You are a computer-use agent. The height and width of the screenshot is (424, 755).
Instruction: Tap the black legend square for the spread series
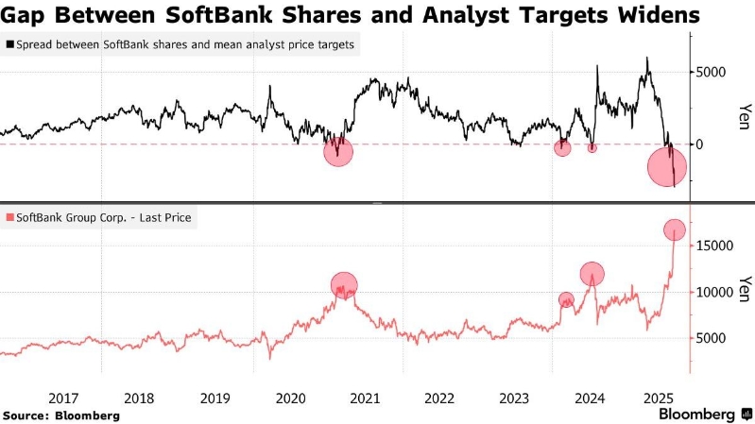9,44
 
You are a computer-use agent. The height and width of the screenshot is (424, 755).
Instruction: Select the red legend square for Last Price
9,218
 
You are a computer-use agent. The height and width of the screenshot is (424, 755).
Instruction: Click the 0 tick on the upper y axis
700,144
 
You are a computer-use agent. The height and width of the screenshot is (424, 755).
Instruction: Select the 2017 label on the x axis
62,398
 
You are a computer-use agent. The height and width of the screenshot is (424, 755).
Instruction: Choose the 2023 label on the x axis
515,398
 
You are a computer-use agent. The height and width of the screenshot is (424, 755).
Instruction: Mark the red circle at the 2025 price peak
675,229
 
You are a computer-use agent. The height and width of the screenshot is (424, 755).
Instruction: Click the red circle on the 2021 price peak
345,284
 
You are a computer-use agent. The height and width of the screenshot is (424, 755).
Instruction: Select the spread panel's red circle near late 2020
338,151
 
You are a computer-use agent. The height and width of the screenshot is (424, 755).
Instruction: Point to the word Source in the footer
27,416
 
